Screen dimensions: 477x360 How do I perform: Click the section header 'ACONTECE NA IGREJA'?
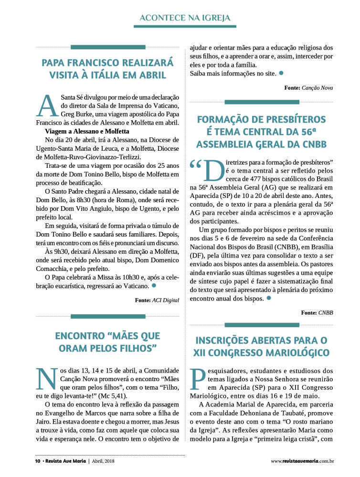(185, 18)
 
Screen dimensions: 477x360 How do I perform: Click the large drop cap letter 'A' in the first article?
(48, 105)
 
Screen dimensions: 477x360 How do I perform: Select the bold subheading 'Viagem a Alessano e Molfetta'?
(87, 131)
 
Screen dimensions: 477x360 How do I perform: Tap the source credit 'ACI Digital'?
(165, 301)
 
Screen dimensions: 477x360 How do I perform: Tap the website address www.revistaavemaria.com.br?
(302, 461)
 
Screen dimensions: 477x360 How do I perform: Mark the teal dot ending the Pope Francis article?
(154, 285)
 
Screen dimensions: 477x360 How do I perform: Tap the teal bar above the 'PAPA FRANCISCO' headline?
(108, 47)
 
